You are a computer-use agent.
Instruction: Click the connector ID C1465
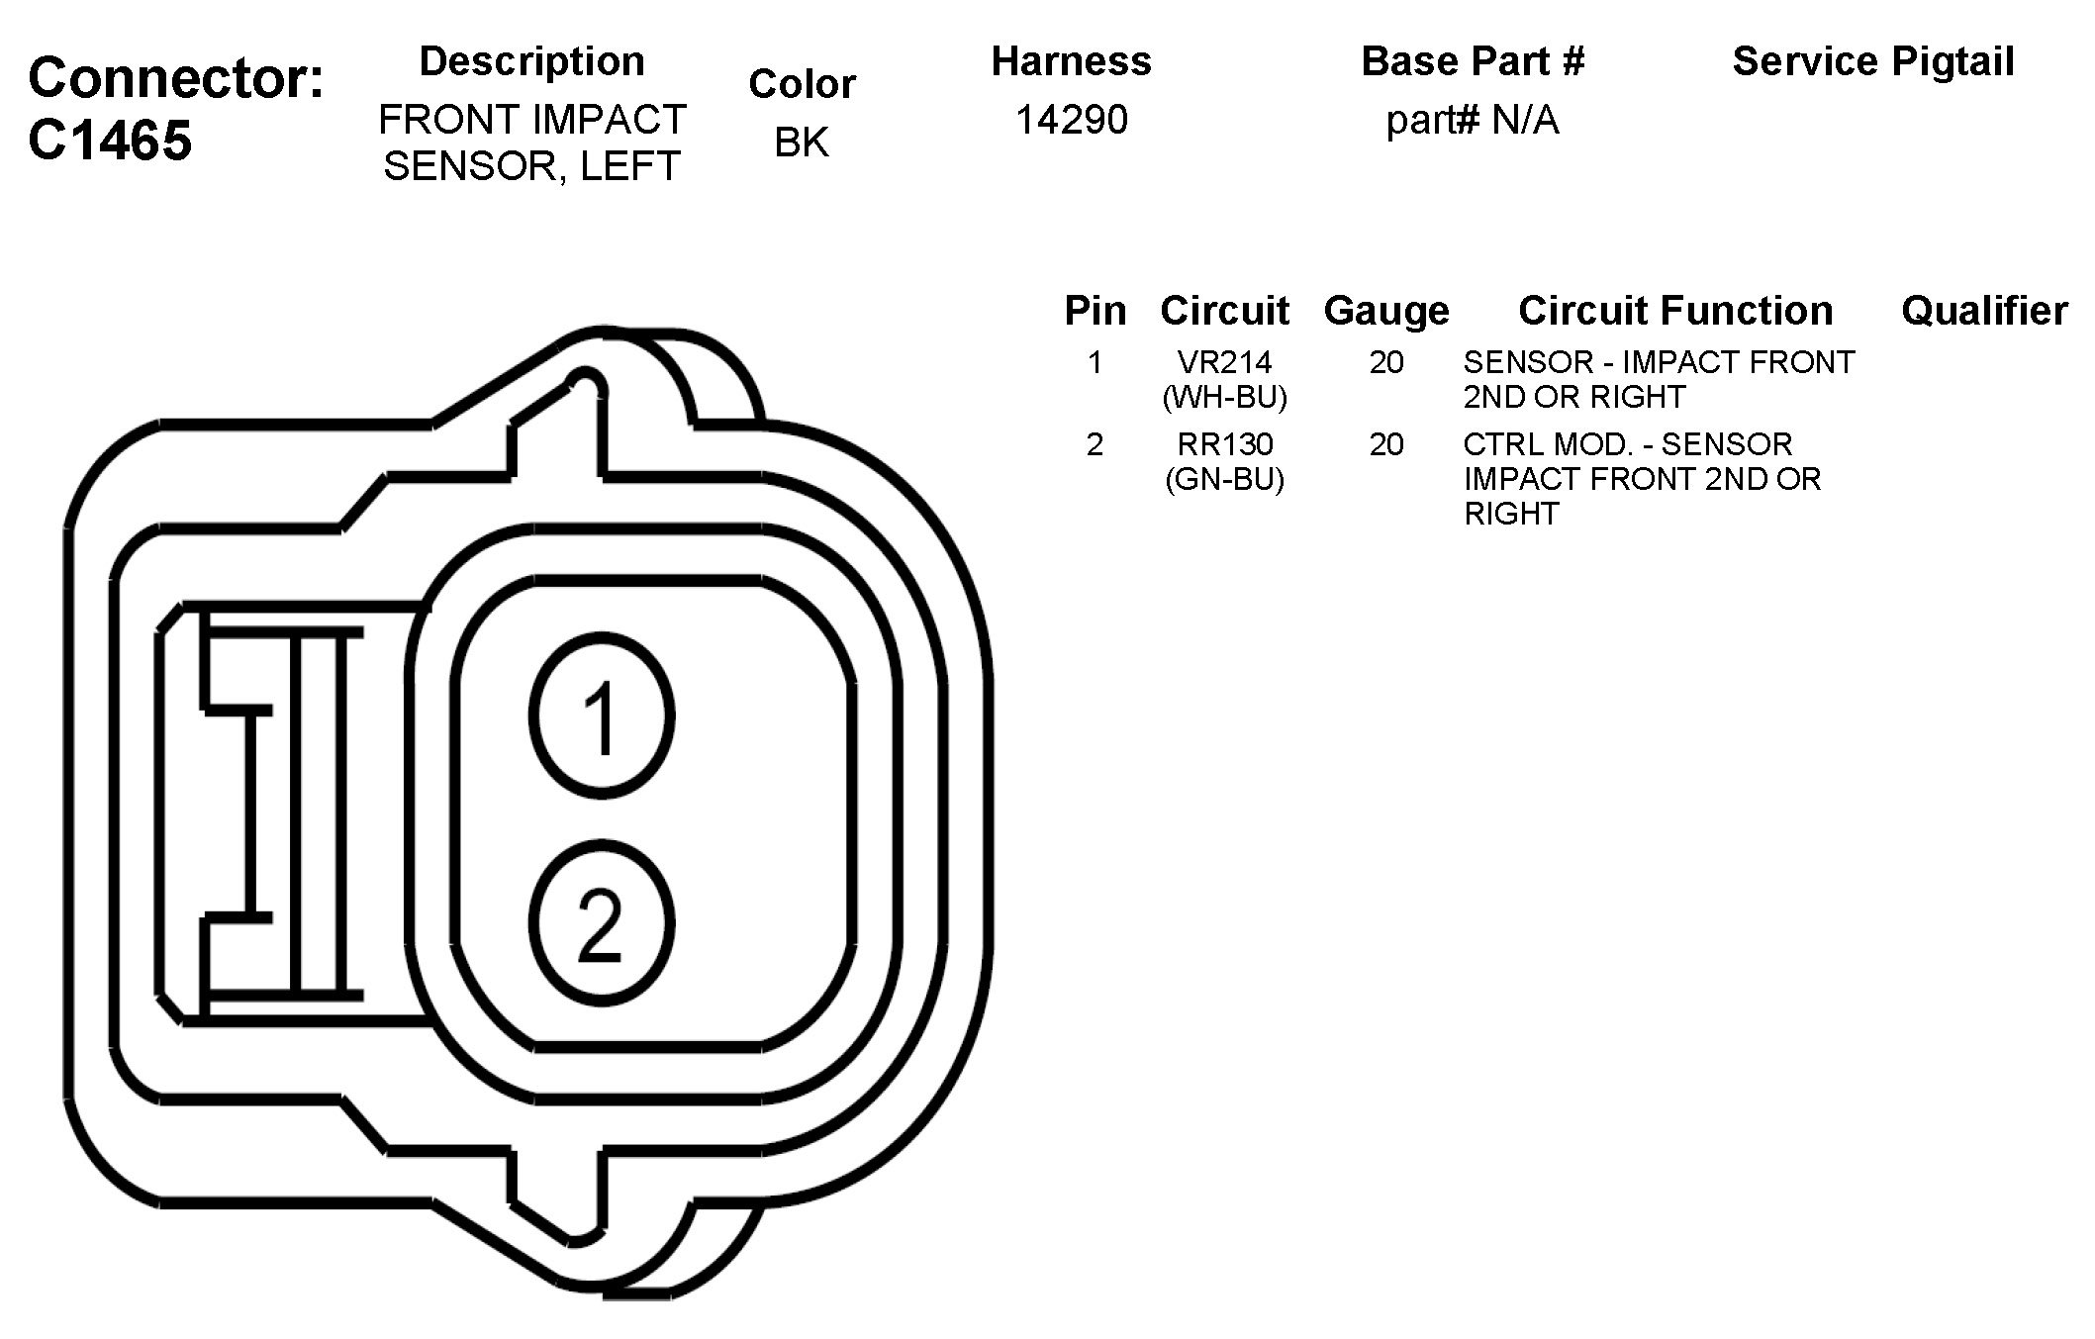pos(110,141)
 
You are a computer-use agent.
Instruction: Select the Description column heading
pos(532,61)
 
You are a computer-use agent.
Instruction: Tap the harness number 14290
pos(1072,120)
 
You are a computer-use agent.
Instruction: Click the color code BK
pos(802,143)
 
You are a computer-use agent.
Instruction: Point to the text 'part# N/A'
pos(1473,121)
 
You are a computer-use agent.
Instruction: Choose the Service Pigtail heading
pos(1873,61)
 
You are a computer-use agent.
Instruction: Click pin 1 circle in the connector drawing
pos(602,716)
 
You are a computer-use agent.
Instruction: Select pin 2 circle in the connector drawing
pos(602,923)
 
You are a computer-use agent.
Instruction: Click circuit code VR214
pos(1225,362)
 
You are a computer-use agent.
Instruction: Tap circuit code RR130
pos(1225,444)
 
